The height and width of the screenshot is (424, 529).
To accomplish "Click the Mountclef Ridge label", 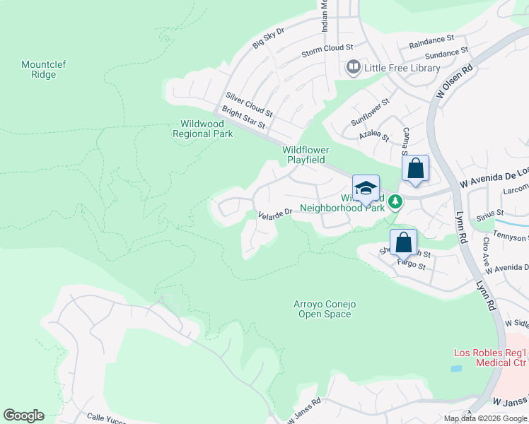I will [44, 69].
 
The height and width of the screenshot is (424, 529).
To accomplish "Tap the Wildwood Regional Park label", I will [203, 129].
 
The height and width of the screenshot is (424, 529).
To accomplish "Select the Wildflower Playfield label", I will [306, 155].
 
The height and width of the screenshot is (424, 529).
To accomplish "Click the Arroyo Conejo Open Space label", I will [325, 309].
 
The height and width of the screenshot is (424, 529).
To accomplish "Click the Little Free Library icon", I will [353, 68].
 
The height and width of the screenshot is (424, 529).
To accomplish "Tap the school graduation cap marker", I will [366, 189].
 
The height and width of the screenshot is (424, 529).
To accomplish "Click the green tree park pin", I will [395, 202].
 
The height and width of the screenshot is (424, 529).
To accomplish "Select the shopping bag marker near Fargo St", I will [403, 242].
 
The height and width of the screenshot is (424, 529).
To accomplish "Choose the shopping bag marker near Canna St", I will [415, 170].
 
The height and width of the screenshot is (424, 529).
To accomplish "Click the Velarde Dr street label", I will [275, 213].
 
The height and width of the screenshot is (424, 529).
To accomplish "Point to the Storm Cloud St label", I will [327, 49].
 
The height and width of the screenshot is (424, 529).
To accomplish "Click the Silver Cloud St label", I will [249, 104].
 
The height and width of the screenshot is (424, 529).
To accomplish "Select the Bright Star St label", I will [243, 117].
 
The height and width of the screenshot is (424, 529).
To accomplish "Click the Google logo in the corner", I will [23, 416].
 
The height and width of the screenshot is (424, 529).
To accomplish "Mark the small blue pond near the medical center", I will [456, 368].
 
